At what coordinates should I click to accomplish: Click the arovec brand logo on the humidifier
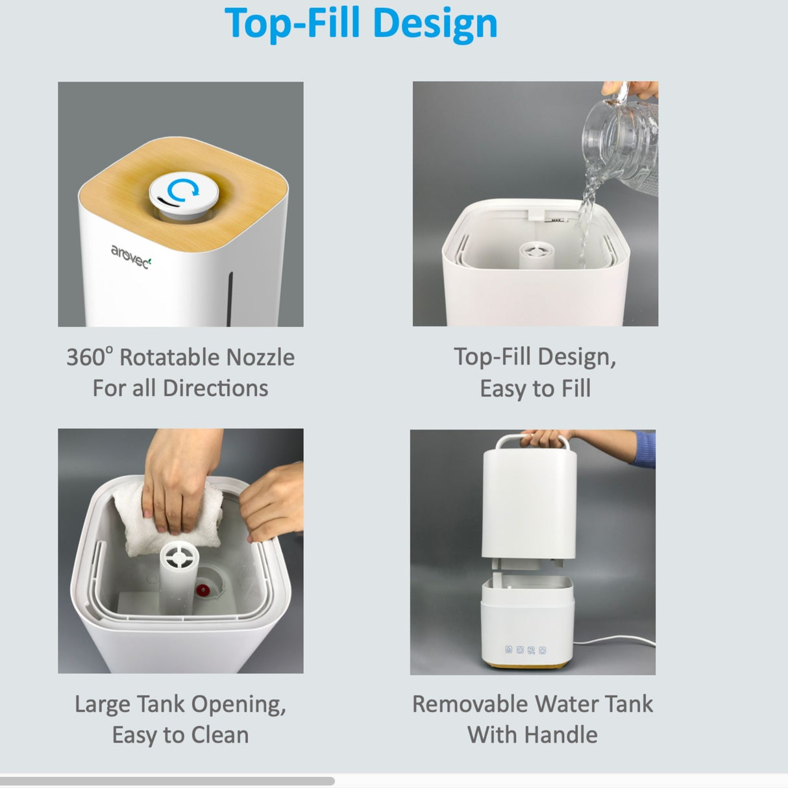(x=130, y=256)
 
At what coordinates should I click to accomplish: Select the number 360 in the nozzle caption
(x=86, y=358)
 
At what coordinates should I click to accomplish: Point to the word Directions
(x=215, y=388)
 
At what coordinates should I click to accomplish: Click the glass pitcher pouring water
(x=623, y=143)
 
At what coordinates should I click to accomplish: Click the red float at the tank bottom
(x=203, y=590)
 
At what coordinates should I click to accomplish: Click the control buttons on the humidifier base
(x=525, y=650)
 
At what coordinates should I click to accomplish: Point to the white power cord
(x=617, y=643)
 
